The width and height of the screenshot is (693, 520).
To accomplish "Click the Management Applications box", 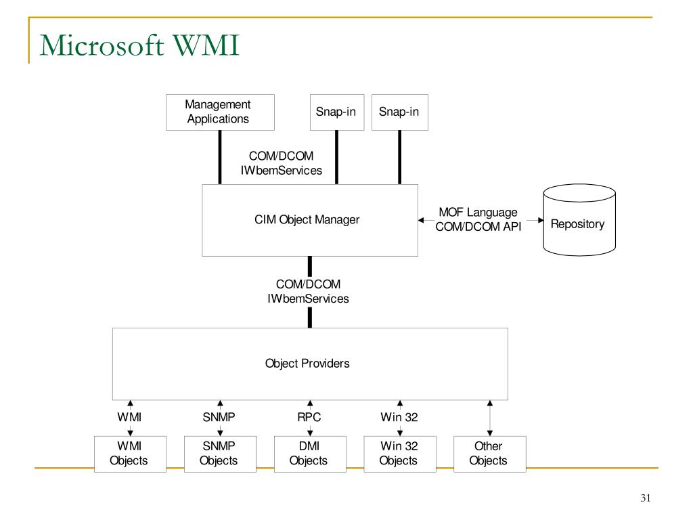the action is [220, 112].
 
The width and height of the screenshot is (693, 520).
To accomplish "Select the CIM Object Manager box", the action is [310, 220].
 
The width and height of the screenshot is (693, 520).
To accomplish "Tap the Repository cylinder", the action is [579, 220].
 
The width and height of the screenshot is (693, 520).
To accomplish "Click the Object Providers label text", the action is [307, 364].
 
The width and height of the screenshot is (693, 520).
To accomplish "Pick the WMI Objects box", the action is [130, 454].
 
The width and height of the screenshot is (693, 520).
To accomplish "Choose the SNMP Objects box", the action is [220, 454].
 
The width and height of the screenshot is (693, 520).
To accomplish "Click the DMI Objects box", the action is [310, 454].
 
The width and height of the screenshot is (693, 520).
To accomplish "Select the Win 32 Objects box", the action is [400, 454].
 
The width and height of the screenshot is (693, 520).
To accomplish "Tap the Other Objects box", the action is [490, 454].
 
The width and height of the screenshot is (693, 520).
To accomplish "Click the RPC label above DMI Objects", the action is [309, 417].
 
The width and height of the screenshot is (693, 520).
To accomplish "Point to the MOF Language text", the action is [478, 213].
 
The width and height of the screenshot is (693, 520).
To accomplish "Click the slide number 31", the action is [645, 498].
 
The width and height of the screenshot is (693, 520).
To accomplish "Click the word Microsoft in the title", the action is [102, 45].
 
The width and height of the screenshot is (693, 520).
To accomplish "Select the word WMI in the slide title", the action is [206, 45].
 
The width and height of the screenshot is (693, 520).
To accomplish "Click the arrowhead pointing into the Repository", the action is [541, 220].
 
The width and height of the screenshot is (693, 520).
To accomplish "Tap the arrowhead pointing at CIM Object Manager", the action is [421, 220].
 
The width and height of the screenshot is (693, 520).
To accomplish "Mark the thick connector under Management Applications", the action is [220, 157].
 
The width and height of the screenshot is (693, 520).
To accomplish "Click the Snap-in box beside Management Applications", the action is [337, 112].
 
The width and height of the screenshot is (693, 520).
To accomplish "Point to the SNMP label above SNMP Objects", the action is [219, 417].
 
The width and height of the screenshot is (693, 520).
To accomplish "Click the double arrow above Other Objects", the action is [490, 418].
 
